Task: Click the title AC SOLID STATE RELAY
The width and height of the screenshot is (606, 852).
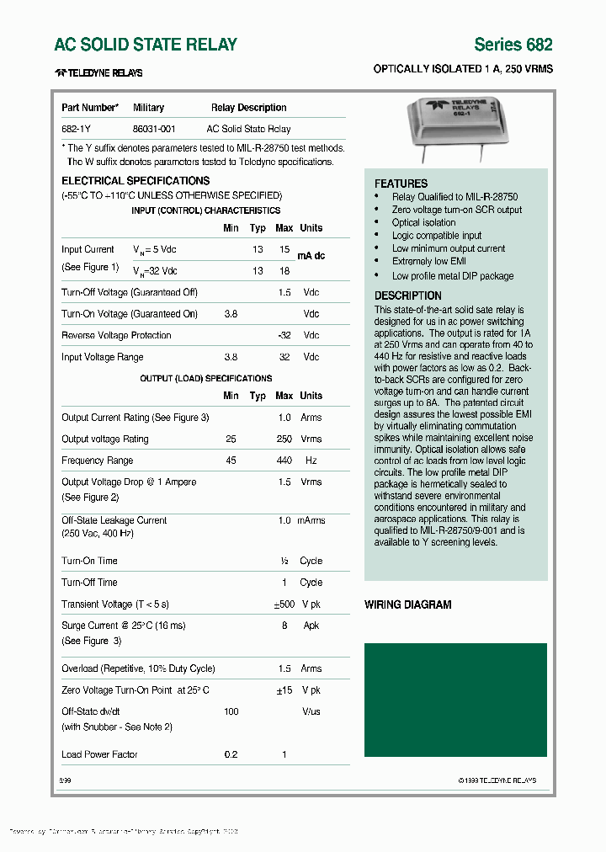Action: [146, 45]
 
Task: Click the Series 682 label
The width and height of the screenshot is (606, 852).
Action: [513, 45]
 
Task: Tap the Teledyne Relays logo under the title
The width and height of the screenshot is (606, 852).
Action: [98, 73]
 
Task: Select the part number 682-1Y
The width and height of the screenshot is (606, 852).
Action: [77, 129]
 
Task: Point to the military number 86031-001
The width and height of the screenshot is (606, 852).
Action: [154, 129]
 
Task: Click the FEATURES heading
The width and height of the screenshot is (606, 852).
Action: [401, 184]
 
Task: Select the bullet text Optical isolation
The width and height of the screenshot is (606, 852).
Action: [423, 222]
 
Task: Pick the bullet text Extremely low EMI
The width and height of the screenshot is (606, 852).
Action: [428, 262]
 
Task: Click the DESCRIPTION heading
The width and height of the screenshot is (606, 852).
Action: [408, 296]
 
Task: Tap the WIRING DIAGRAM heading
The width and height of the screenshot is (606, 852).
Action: [407, 604]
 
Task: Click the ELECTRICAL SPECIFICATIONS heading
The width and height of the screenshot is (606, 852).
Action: [136, 181]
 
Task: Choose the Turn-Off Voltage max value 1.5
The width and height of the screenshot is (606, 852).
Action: [284, 292]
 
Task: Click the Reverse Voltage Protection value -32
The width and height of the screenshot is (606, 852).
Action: [284, 335]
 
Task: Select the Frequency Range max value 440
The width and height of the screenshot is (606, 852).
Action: [284, 461]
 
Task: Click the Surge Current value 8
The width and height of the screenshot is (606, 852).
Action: [284, 626]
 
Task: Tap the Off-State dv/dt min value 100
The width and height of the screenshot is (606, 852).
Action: [231, 711]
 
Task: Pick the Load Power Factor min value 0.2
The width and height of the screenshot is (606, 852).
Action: [231, 754]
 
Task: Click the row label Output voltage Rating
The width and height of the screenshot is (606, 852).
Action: [104, 439]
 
